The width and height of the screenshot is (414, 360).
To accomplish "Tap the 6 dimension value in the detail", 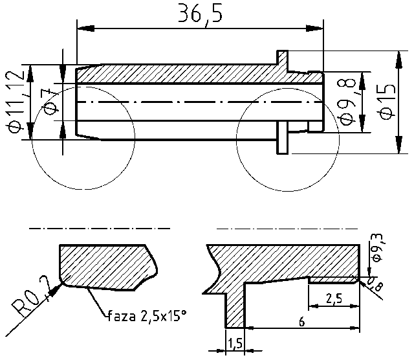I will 301,320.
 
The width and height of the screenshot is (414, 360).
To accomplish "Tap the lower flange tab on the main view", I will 283,138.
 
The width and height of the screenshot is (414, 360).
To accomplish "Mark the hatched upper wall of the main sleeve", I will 194,73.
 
